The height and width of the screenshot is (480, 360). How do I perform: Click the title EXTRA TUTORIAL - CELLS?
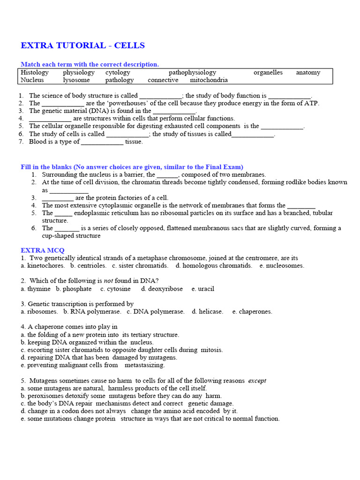point(82,45)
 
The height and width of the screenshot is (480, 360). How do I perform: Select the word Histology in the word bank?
point(34,73)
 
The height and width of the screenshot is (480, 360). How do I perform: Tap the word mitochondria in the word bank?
point(209,80)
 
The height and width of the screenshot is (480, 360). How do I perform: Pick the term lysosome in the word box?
point(76,80)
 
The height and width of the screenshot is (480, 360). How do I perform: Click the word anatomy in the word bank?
point(308,73)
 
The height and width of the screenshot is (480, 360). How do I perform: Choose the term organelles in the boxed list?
point(268,73)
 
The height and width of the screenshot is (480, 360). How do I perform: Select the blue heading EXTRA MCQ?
point(43,250)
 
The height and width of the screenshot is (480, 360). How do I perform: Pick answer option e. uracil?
point(202,289)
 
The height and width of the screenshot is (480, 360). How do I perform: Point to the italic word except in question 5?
point(257,381)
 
